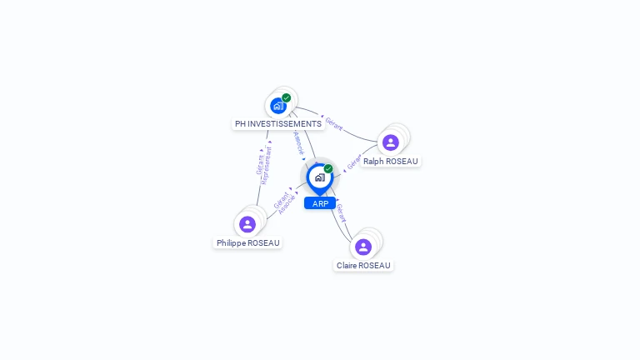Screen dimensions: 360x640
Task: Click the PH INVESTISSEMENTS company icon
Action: pos(277,106)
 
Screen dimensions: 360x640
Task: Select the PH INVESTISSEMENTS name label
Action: pos(277,124)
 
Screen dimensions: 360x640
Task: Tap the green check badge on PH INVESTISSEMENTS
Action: pos(287,97)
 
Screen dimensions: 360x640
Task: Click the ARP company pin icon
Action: pos(319,177)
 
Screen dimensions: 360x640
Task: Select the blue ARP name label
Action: pos(320,203)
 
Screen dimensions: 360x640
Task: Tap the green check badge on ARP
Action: pos(328,168)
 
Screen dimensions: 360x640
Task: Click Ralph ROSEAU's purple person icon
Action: pos(391,142)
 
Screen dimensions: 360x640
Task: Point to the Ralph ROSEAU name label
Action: pos(391,162)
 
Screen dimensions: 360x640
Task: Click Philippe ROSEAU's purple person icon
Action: pos(247,224)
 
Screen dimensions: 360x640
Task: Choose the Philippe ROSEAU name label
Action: pos(248,242)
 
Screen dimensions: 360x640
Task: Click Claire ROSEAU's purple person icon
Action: pos(363,247)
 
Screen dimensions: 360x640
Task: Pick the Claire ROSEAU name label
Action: pos(363,266)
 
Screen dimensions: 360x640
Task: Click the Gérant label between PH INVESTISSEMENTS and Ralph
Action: pos(334,124)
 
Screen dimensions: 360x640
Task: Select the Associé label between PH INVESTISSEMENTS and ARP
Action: pos(299,142)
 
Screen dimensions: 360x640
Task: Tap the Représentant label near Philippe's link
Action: pos(267,165)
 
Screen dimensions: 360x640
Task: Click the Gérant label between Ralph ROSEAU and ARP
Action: pos(353,162)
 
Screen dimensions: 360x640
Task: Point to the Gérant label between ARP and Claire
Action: pos(341,212)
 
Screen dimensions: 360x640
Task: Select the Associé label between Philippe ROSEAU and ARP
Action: pos(287,205)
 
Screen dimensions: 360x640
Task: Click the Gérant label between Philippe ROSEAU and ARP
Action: pos(280,199)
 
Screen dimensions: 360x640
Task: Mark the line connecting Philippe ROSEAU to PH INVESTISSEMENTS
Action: pos(262,178)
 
